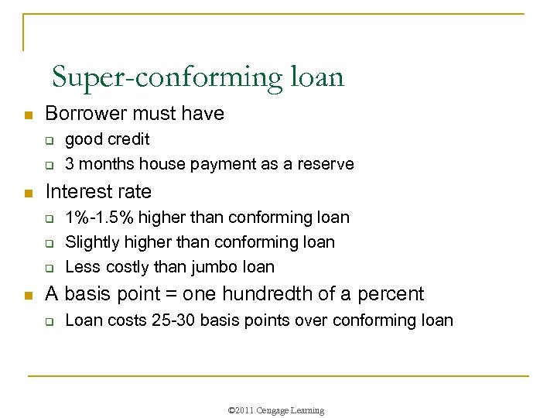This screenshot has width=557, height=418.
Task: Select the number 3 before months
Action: pyautogui.click(x=70, y=164)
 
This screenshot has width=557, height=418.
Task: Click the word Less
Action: pyautogui.click(x=81, y=267)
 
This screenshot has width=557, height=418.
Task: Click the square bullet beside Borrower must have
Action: pyautogui.click(x=27, y=115)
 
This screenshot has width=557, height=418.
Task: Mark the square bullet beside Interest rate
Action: pyautogui.click(x=27, y=193)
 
